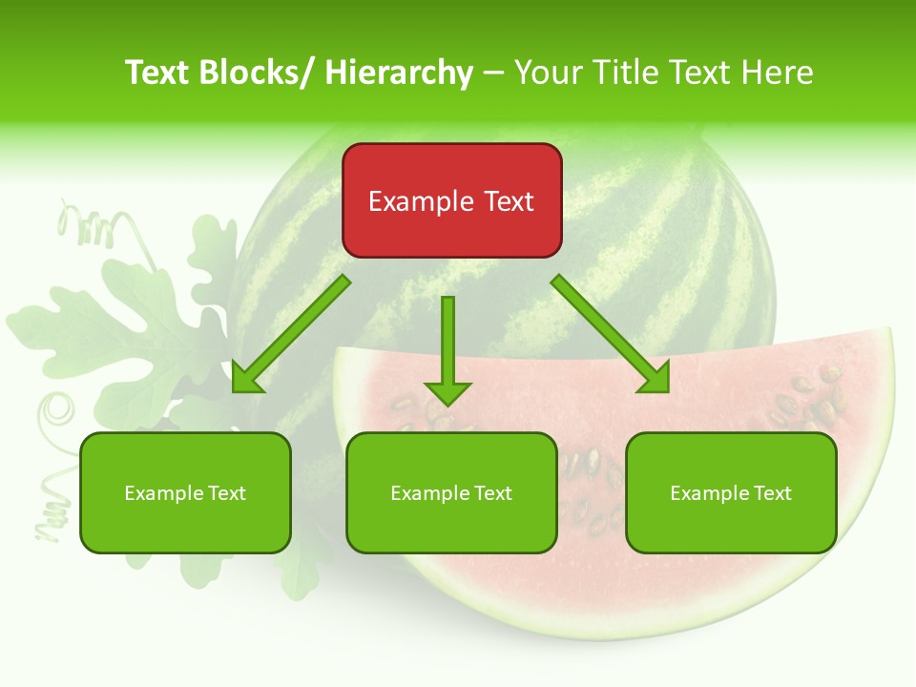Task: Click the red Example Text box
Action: coord(451,200)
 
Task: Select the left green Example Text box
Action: coord(185,492)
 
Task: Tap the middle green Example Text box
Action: coord(451,492)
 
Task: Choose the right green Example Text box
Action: coord(731,492)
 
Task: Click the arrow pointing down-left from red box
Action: coord(291,335)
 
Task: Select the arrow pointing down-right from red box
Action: coord(612,335)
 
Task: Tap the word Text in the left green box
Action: coord(226,493)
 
